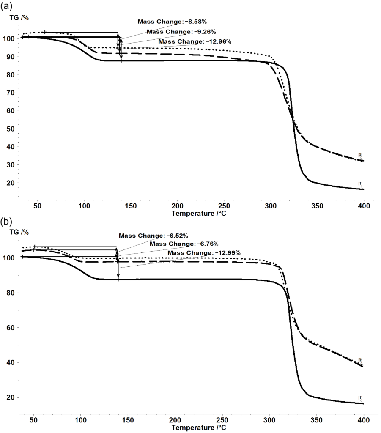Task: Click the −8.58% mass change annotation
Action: coord(172,21)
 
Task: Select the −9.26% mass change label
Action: coord(181,31)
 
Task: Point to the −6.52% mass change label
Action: coord(153,236)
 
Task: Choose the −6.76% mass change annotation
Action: coord(184,244)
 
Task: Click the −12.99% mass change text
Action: coord(204,253)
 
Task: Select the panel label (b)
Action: coord(6,221)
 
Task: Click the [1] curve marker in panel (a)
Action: coord(361,183)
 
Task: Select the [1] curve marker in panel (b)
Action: coord(361,397)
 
